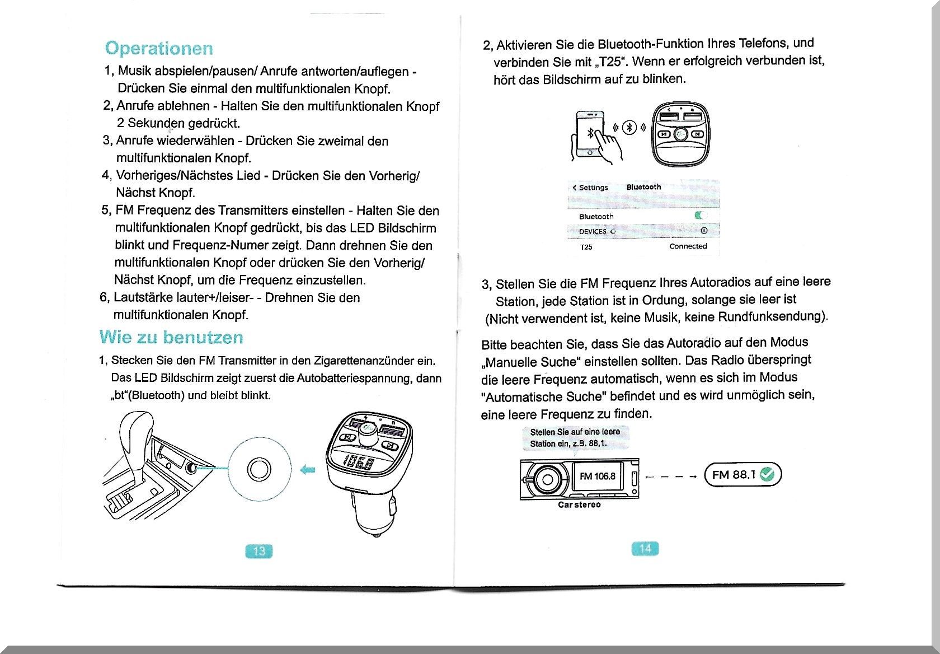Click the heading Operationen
tap(159, 48)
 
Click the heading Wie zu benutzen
tap(171, 337)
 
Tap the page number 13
tap(259, 551)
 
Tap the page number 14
tap(645, 548)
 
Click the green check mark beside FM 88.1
tap(767, 475)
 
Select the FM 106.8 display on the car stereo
tap(597, 477)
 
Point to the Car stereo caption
tap(579, 504)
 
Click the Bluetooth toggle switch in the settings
tap(700, 216)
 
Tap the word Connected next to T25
tap(688, 246)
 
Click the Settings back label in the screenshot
tap(590, 188)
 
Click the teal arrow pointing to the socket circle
tap(308, 469)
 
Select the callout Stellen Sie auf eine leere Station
tap(575, 437)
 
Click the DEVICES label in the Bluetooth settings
tap(593, 231)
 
